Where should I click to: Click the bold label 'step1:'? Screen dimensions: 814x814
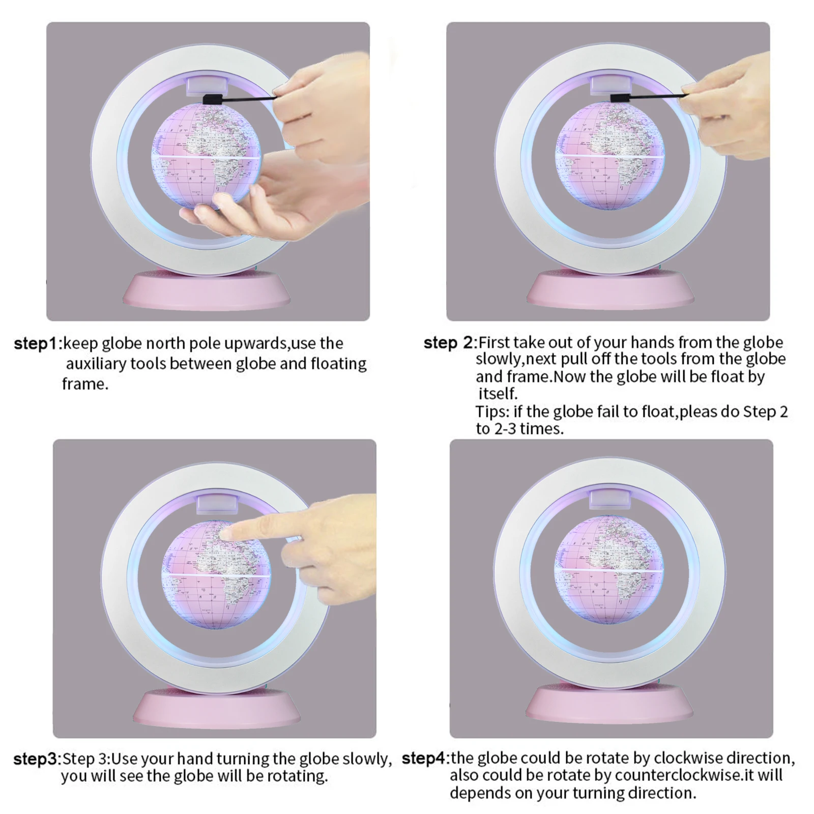(38, 343)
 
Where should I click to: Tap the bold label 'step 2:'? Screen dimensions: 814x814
(451, 343)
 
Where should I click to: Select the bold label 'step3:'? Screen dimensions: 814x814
(37, 759)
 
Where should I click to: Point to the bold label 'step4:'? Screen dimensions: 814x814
(426, 759)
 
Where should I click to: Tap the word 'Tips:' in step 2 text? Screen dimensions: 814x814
(492, 412)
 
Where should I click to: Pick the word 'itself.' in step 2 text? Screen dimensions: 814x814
(498, 393)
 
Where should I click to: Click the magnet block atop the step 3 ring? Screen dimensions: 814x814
(216, 503)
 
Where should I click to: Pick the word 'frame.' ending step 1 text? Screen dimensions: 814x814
(85, 384)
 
